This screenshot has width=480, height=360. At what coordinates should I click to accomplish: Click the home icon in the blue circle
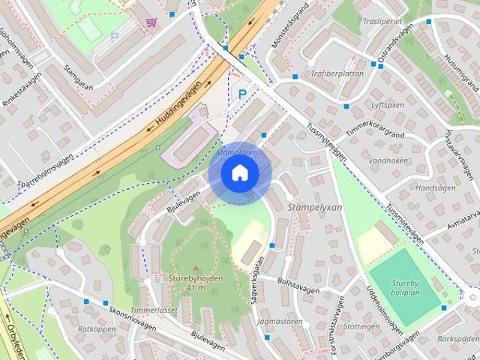[x=239, y=173]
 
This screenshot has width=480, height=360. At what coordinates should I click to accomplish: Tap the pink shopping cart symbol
[x=151, y=22]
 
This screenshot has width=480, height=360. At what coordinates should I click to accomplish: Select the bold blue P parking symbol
[x=241, y=94]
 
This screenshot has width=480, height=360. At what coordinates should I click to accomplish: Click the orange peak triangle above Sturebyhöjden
[x=196, y=267]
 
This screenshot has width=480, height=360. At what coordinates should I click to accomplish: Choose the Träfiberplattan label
[x=336, y=73]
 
